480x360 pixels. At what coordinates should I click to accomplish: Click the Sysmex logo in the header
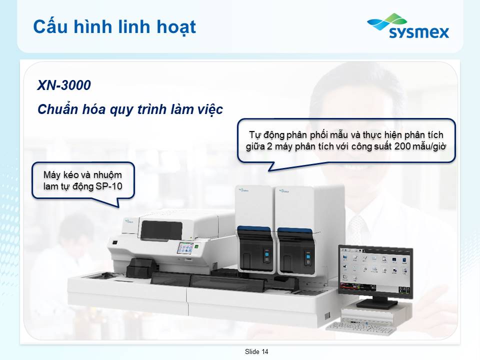pyautogui.click(x=408, y=26)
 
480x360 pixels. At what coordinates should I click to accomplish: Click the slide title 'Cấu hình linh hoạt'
pyautogui.click(x=114, y=27)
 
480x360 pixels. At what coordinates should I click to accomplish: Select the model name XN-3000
pyautogui.click(x=64, y=85)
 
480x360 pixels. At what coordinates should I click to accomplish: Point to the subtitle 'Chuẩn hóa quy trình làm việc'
pyautogui.click(x=130, y=109)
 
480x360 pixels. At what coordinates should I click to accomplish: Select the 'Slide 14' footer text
pyautogui.click(x=256, y=351)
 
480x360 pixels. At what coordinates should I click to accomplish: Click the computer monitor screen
pyautogui.click(x=375, y=271)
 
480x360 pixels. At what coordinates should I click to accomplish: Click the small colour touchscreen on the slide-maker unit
pyautogui.click(x=185, y=248)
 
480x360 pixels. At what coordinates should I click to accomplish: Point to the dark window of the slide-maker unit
pyautogui.click(x=161, y=230)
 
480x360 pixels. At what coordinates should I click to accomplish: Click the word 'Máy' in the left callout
pyautogui.click(x=51, y=175)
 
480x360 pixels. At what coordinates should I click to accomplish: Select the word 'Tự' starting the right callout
pyautogui.click(x=254, y=135)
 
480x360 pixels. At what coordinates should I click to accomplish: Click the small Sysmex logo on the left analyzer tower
pyautogui.click(x=243, y=190)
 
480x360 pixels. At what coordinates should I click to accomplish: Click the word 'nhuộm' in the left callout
pyautogui.click(x=107, y=175)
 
